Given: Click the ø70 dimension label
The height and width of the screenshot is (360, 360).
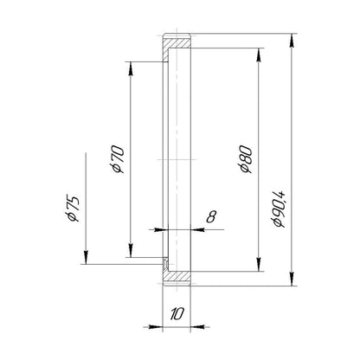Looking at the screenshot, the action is [119, 159].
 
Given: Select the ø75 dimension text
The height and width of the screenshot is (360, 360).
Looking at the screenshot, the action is [72, 209].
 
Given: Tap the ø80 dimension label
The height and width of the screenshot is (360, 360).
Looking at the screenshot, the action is [246, 159].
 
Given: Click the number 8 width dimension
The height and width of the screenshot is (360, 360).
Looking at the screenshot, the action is [211, 216].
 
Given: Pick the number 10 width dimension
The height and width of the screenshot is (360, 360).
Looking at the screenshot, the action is [177, 314].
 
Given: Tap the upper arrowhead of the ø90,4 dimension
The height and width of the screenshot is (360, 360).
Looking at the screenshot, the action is [292, 41].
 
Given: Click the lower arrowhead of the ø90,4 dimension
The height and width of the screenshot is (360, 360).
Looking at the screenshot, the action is [292, 279].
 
